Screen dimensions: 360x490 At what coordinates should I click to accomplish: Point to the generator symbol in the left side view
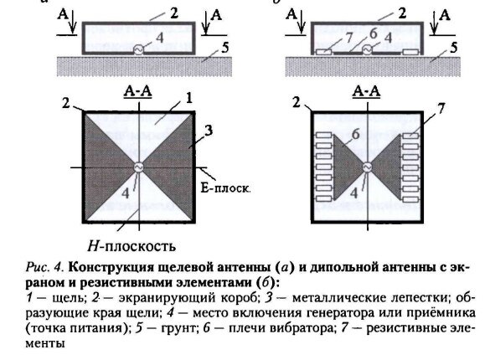coord(138,49)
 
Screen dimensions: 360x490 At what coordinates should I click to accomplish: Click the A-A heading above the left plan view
coord(134,90)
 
